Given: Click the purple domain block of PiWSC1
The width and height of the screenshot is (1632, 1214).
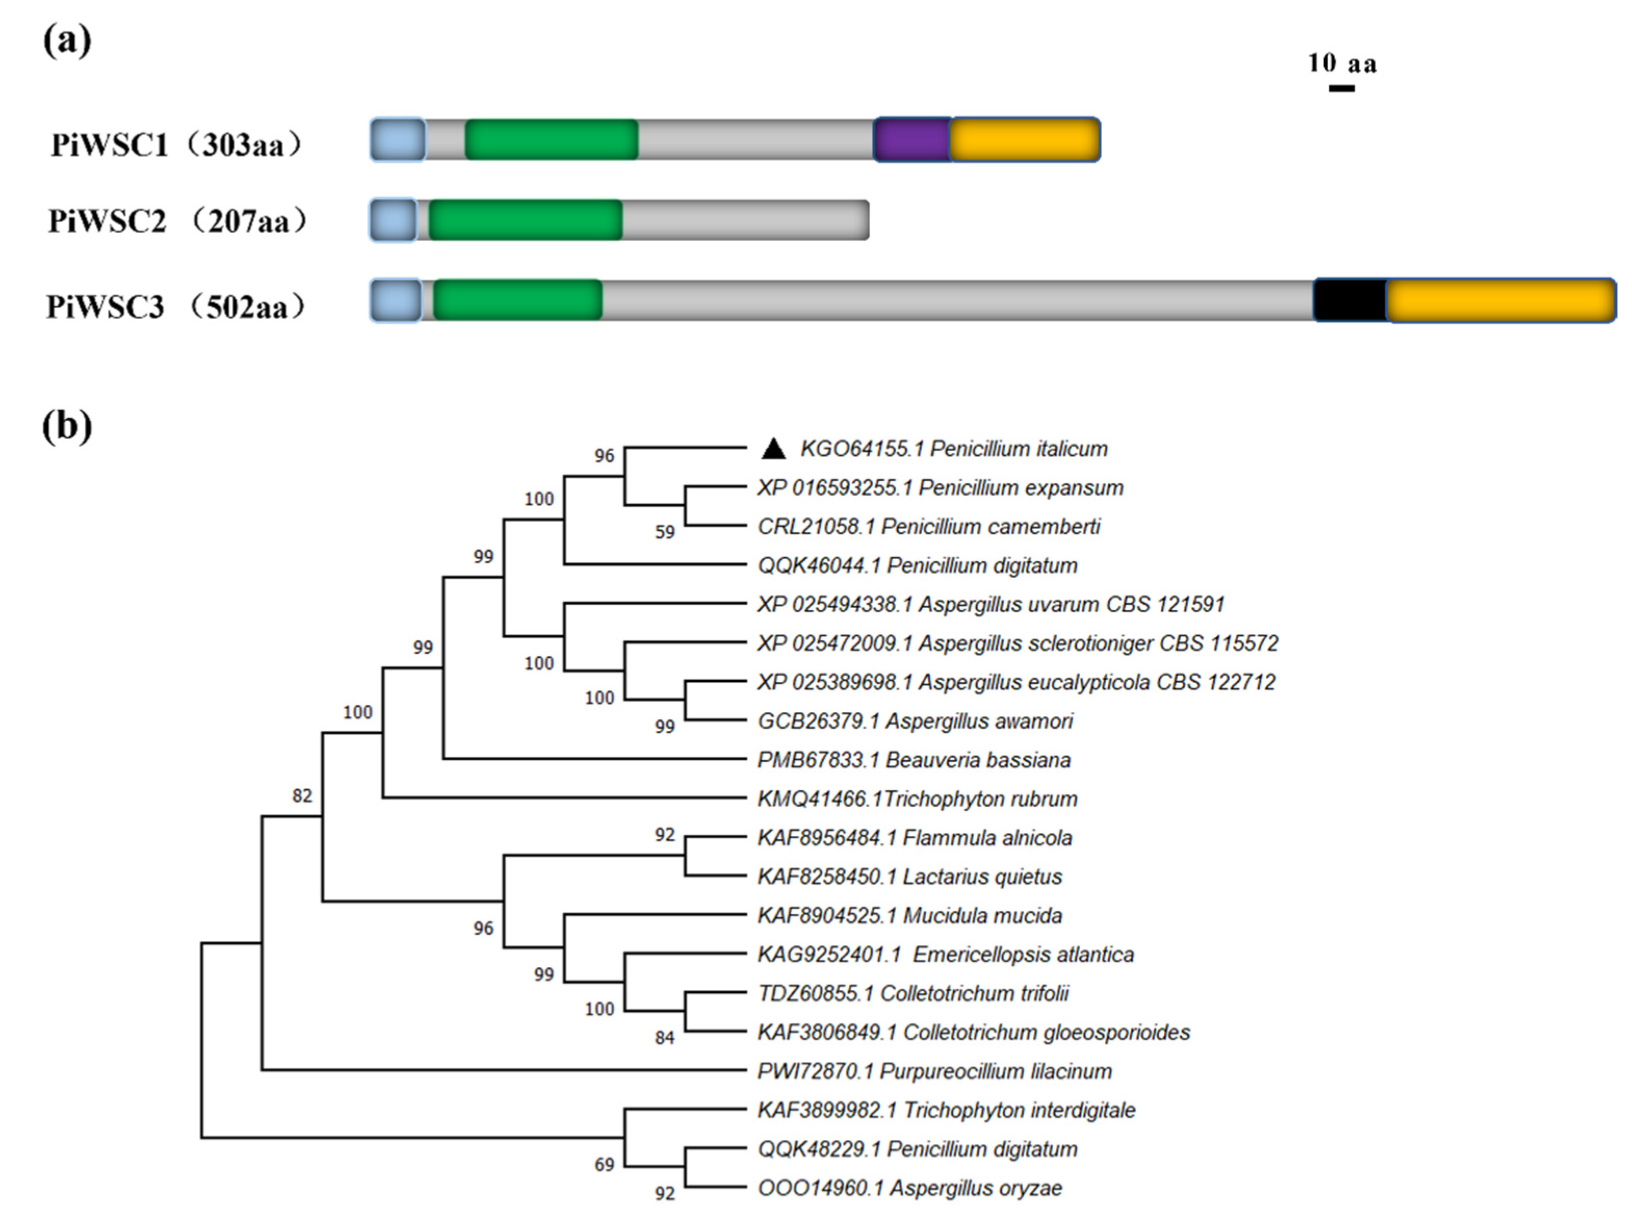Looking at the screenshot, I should click(911, 140).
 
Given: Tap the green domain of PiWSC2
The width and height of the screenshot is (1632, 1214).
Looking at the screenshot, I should click(525, 220).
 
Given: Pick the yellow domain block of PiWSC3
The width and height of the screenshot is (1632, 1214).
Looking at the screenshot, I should click(1500, 300).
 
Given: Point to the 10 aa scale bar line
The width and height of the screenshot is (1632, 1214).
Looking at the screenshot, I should click(1342, 88).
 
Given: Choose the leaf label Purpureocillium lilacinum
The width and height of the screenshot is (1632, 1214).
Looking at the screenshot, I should click(934, 1071).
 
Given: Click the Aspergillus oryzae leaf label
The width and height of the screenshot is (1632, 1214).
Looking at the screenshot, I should click(910, 1188).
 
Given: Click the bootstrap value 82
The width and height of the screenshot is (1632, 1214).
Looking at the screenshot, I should click(302, 796).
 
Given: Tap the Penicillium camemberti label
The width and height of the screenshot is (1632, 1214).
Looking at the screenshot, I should click(929, 527).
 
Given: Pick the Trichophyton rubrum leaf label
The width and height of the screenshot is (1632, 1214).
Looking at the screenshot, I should click(917, 799).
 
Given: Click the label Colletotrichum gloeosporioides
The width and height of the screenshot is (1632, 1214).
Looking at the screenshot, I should click(974, 1032).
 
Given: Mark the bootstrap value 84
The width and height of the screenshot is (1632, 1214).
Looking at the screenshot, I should click(664, 1037).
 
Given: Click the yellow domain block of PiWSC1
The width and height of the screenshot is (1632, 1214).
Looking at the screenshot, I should click(1025, 140).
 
